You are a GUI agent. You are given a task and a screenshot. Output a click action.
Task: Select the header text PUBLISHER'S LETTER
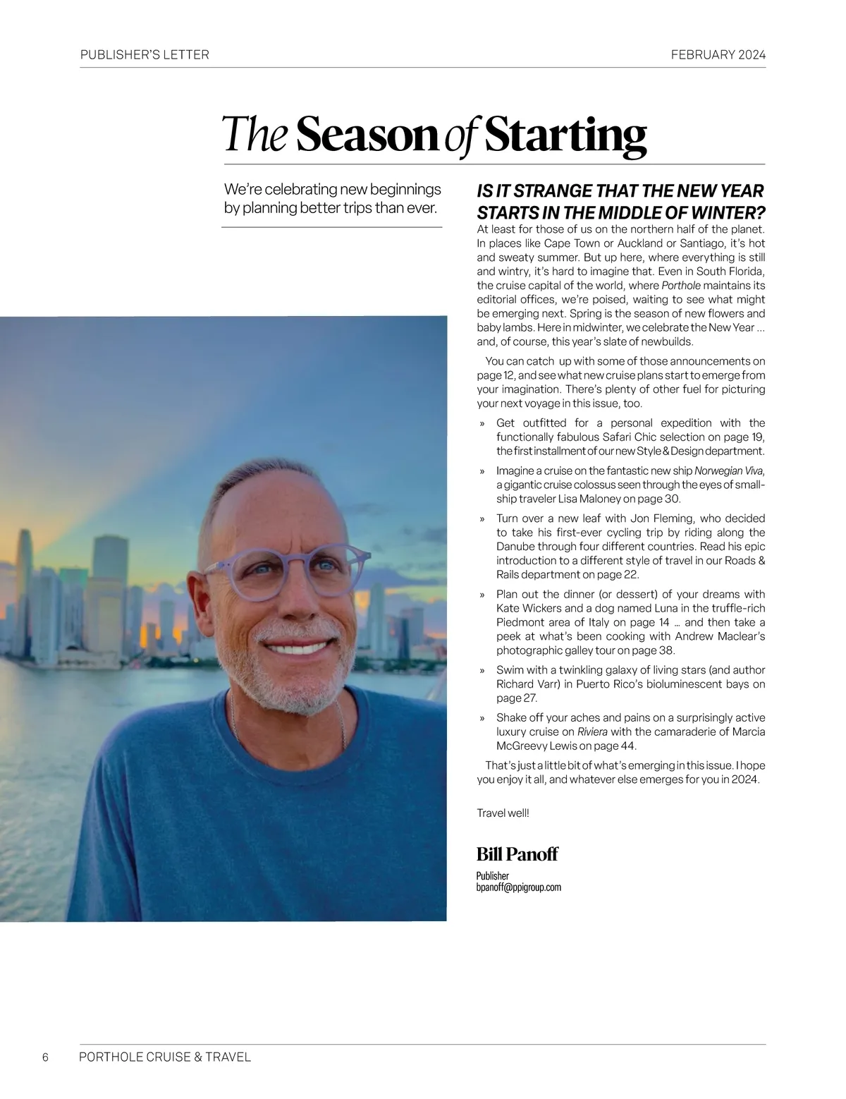click(x=145, y=54)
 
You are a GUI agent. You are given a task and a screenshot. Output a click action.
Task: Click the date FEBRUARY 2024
click(x=718, y=54)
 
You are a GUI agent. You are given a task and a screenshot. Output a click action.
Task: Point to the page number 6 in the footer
click(x=46, y=1057)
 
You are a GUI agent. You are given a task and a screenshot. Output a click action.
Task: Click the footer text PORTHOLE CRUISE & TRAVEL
click(x=165, y=1057)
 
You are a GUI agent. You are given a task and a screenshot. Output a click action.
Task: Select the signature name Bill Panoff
click(x=517, y=854)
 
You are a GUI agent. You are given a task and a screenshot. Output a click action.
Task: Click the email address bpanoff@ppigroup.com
click(x=518, y=887)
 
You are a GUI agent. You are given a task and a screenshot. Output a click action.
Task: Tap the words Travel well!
click(x=503, y=813)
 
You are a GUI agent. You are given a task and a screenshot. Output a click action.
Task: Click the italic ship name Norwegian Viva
click(x=729, y=470)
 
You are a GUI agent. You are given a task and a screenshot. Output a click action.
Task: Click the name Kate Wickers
click(x=529, y=608)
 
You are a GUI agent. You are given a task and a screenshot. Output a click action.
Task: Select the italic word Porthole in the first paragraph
click(x=681, y=286)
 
